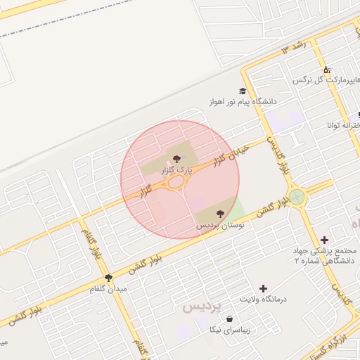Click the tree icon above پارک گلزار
click(x=176, y=159)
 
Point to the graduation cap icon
click(x=243, y=91)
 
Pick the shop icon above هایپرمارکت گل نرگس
click(x=326, y=70)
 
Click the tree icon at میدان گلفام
click(x=108, y=278)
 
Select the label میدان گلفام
click(x=108, y=289)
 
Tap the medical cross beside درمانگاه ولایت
click(x=263, y=288)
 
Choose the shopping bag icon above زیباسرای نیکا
click(x=230, y=319)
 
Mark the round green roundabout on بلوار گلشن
click(x=297, y=196)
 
